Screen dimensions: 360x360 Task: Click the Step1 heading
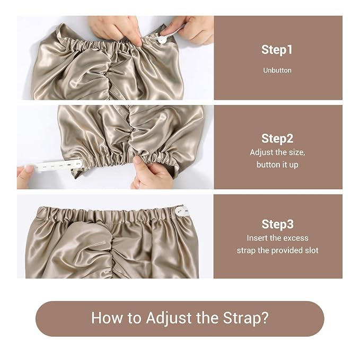(x=277, y=50)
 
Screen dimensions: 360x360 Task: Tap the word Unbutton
(x=277, y=71)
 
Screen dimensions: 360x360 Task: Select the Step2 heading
(x=277, y=138)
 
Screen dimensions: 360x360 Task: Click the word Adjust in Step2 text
(x=262, y=153)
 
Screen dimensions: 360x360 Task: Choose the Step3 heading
(x=277, y=224)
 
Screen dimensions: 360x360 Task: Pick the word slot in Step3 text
(x=312, y=250)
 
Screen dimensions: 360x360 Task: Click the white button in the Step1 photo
(x=162, y=40)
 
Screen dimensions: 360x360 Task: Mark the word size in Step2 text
(x=296, y=153)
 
